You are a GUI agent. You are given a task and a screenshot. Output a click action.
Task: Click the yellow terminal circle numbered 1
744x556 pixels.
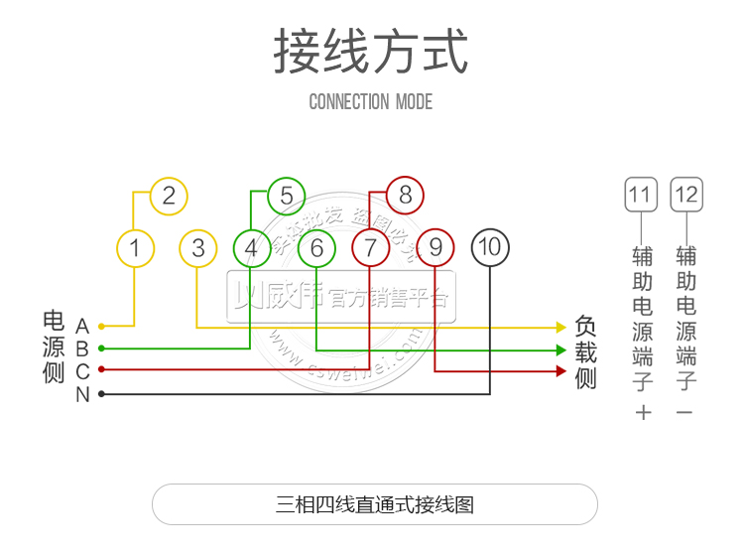[x=136, y=247]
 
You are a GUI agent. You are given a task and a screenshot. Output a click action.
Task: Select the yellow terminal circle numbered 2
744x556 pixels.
[x=169, y=196]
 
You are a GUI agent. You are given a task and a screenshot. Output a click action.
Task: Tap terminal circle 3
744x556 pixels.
[x=198, y=247]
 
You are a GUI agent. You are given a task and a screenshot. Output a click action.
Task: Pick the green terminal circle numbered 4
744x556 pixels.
[x=251, y=247]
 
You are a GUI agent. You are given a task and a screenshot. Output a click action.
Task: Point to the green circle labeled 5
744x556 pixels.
[x=286, y=196]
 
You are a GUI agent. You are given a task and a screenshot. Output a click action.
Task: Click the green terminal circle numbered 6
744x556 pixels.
[x=316, y=247]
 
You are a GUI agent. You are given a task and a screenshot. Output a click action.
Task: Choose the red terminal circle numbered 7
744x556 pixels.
[x=371, y=247]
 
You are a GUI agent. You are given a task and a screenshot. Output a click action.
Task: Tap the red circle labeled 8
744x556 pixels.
[x=405, y=196]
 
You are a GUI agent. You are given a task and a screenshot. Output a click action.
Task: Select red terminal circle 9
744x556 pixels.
[x=435, y=247]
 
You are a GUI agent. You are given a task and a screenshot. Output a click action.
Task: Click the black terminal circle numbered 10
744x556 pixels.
[x=490, y=247]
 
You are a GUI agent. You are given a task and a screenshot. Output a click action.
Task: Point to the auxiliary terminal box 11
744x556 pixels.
[x=641, y=194]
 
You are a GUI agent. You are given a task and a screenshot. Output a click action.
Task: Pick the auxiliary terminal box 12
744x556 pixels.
[x=685, y=194]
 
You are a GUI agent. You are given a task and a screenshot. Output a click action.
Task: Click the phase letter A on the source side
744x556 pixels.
[x=82, y=327]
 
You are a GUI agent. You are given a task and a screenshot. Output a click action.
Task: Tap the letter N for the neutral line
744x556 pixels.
[x=82, y=395]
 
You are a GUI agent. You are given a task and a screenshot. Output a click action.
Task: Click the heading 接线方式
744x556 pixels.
[x=371, y=52]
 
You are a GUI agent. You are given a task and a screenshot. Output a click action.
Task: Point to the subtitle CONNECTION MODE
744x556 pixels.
[x=371, y=101]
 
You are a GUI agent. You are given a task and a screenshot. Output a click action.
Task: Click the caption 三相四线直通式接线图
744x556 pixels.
[x=375, y=504]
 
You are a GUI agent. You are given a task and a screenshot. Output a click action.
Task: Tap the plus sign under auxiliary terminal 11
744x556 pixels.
[x=643, y=412]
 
